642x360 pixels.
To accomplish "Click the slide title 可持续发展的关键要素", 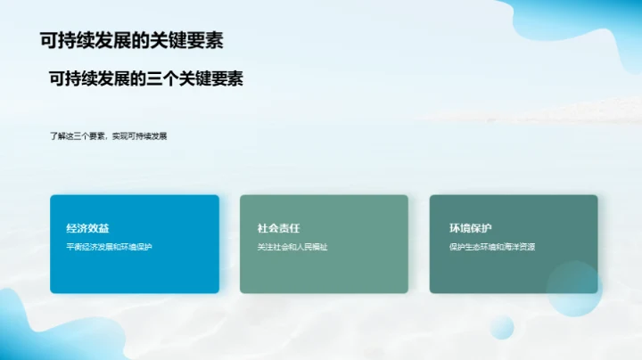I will point(132,40).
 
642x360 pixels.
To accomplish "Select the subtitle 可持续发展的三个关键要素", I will point(146,78).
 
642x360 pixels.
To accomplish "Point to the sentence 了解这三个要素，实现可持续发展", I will point(109,136).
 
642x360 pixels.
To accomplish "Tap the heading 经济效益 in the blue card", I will point(87,228).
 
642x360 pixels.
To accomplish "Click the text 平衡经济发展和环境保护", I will point(110,247).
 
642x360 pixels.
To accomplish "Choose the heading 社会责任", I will point(278,228).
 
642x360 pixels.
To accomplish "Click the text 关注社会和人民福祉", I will point(292,247).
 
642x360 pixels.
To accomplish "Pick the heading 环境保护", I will point(470,228).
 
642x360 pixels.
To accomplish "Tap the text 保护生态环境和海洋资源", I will point(492,247).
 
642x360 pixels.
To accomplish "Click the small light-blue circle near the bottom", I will point(502,327).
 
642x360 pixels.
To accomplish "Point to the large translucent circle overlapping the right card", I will point(574,289).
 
